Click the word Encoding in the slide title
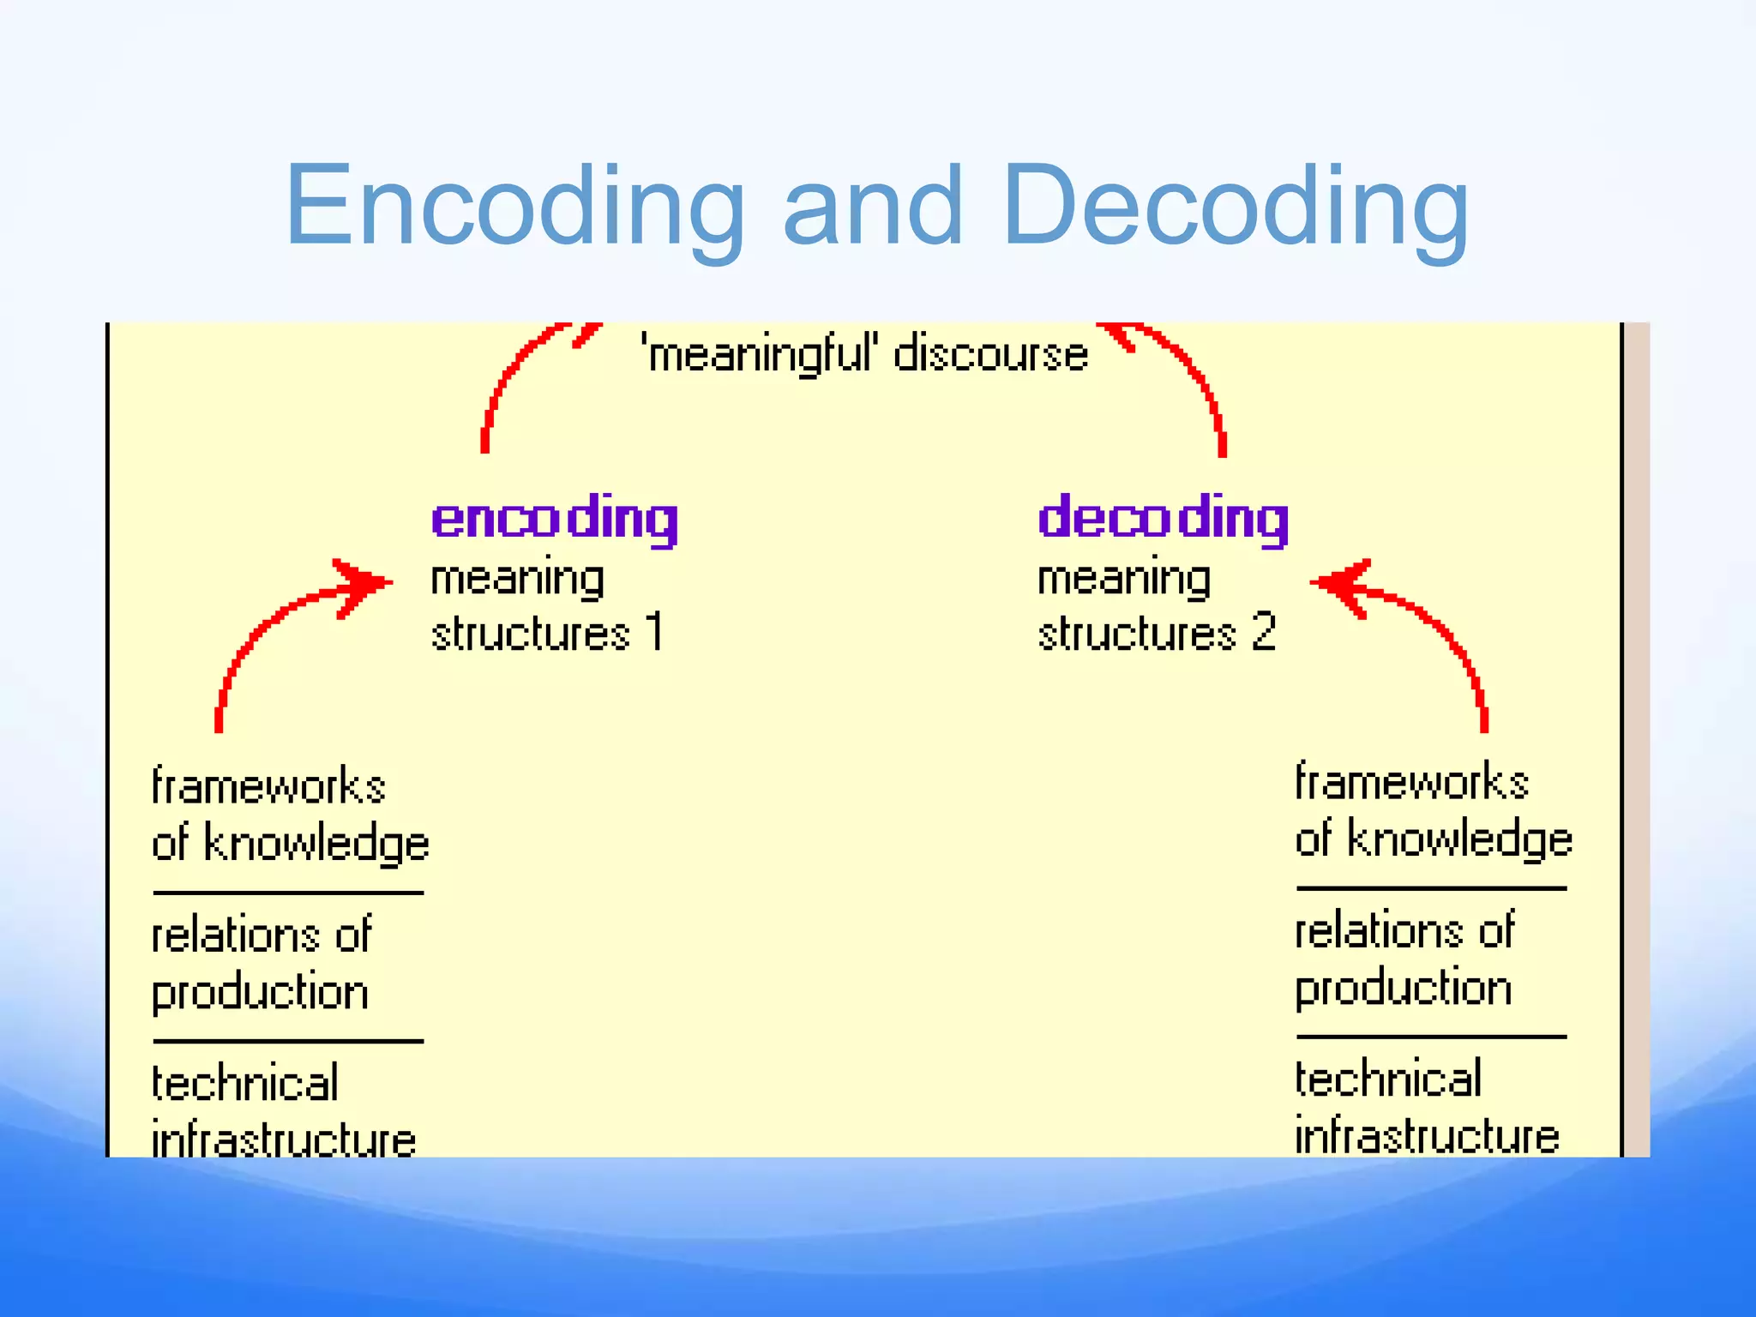coord(514,206)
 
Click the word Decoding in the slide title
coord(1235,206)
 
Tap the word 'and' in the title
coord(873,206)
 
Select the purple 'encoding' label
coord(555,519)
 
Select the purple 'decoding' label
coord(1163,519)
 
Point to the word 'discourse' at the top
coord(990,354)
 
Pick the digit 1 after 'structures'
coord(655,632)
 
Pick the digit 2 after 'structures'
coord(1263,632)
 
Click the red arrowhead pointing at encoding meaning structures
coord(364,585)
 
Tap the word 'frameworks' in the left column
coord(268,786)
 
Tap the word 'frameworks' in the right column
coord(1411,782)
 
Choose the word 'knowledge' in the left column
coord(316,844)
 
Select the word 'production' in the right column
coord(1403,988)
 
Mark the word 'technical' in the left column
coord(245,1083)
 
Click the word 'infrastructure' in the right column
coord(1427,1136)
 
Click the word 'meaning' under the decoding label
coord(1124,579)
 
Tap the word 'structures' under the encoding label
coord(531,634)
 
